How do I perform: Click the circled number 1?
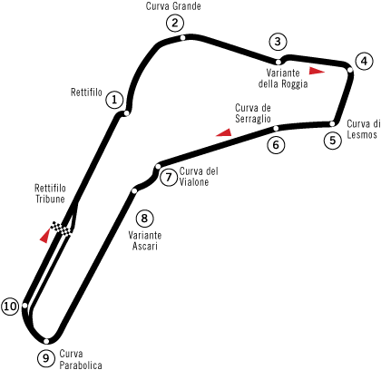coord(114,100)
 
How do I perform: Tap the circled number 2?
coord(175,23)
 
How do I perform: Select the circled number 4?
coord(364,62)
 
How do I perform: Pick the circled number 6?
coord(276,145)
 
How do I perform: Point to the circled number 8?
coord(144,219)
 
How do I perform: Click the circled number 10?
coord(10,307)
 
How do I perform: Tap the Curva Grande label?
coord(173,6)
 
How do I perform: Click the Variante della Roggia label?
coord(283,78)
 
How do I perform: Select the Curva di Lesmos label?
coord(363,129)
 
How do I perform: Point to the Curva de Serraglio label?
coord(253,113)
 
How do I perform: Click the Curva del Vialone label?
coord(199,177)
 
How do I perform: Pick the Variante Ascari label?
coord(145,240)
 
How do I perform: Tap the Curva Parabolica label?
coord(81,359)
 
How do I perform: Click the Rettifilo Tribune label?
coord(50,193)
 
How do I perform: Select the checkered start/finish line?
coord(62,229)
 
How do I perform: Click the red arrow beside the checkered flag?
coord(44,236)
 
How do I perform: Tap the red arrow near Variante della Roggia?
coord(317,71)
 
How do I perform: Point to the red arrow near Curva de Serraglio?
coord(224,132)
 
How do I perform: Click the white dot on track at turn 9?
coord(46,341)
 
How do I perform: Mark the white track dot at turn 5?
coord(332,123)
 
